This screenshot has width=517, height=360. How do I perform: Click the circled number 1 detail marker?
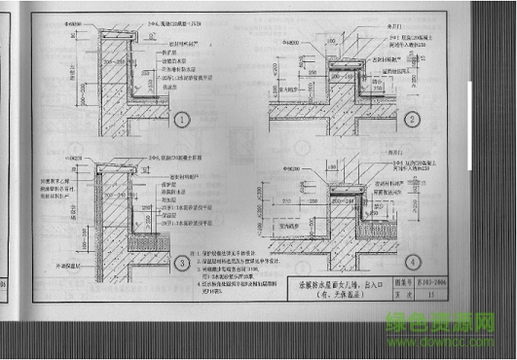pos(182,122)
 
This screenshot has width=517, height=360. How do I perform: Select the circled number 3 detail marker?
pos(182,264)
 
